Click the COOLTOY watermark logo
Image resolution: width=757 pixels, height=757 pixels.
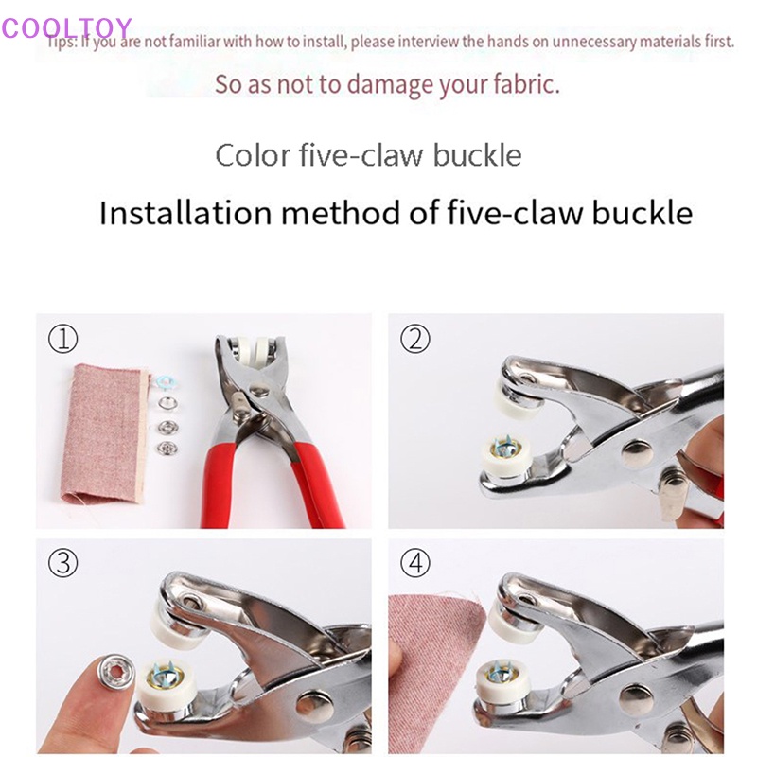tap(66, 28)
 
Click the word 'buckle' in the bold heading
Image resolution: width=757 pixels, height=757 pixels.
tap(643, 212)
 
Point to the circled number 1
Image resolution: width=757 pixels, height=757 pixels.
tap(63, 339)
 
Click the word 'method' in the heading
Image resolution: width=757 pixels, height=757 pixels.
tap(378, 212)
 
